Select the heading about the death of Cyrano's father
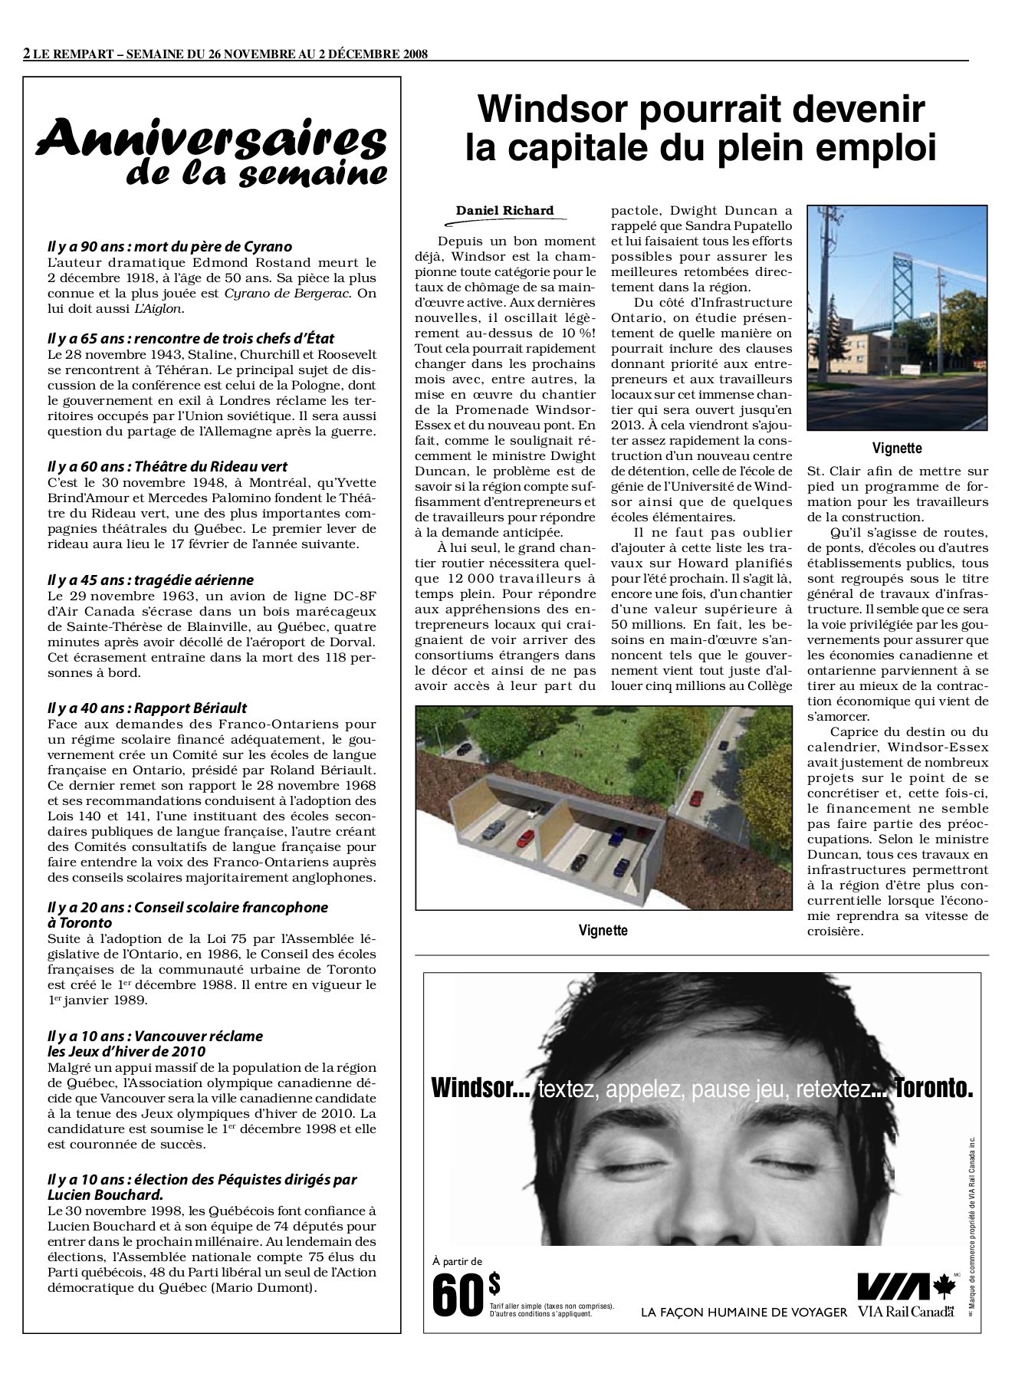(x=169, y=247)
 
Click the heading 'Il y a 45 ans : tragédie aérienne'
(x=149, y=580)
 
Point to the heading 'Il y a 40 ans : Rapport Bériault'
(x=146, y=708)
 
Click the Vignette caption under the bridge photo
(x=897, y=449)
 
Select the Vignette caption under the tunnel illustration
(x=603, y=931)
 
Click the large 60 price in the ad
(x=458, y=1293)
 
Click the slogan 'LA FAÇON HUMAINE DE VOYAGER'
(x=744, y=1312)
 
